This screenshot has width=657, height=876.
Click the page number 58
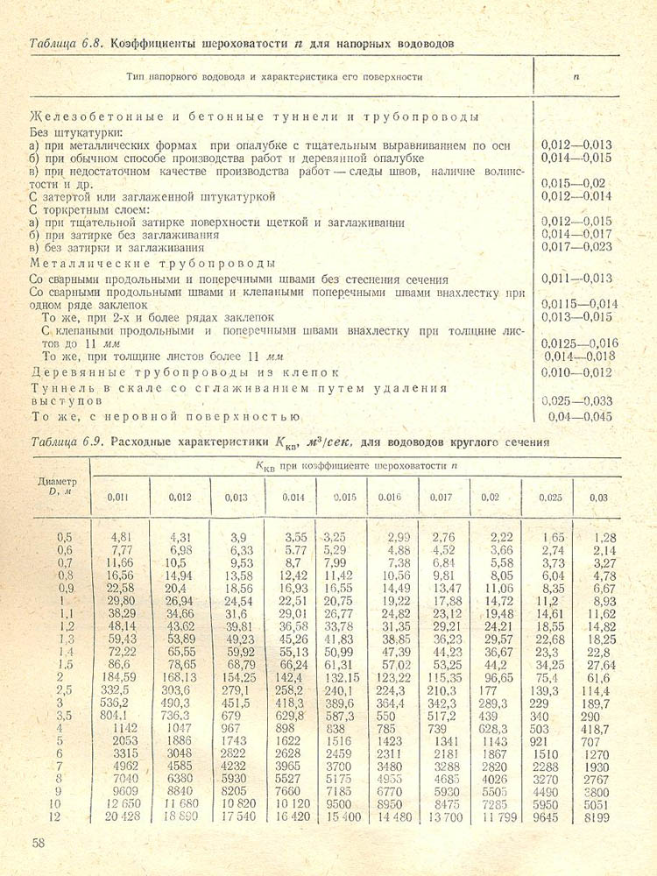pyautogui.click(x=39, y=843)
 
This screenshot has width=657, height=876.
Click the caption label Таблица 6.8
pyautogui.click(x=67, y=43)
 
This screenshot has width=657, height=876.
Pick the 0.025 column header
pyautogui.click(x=550, y=498)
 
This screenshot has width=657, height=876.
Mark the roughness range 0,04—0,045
pyautogui.click(x=579, y=416)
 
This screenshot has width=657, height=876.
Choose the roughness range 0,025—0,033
pyautogui.click(x=577, y=399)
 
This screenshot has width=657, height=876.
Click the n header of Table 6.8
pyautogui.click(x=576, y=77)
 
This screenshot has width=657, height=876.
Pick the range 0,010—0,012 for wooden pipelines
pyautogui.click(x=577, y=371)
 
